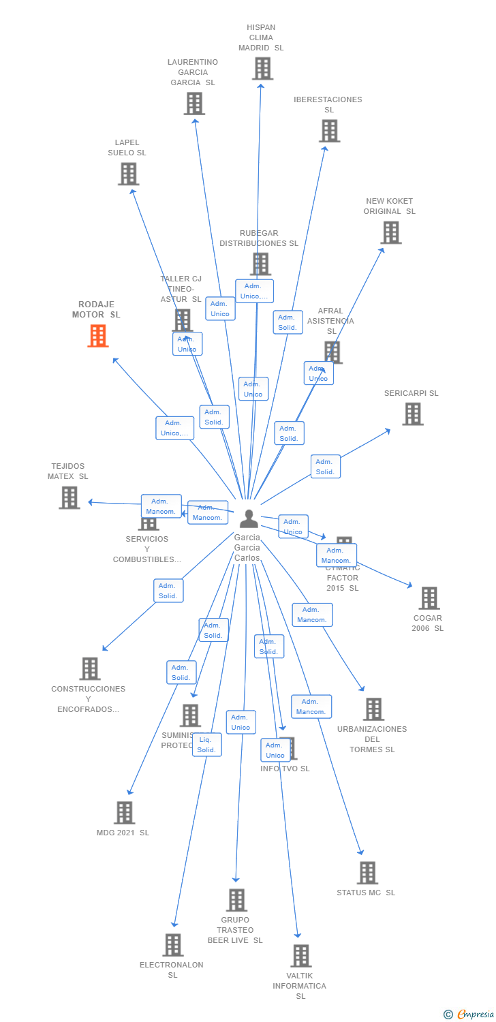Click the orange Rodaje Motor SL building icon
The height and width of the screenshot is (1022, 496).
coord(98,336)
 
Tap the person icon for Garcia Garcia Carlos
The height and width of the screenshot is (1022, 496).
coord(249,519)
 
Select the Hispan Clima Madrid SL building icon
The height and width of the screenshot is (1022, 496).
coord(262,69)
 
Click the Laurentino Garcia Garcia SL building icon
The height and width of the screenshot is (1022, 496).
coord(194,104)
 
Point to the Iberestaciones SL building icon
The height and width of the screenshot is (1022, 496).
coord(329,131)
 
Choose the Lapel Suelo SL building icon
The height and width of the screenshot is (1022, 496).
coord(128,174)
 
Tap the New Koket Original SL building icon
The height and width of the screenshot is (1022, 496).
coord(390,232)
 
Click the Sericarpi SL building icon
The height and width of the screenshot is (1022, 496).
coord(412,414)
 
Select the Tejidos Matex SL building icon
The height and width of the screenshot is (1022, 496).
coord(69,497)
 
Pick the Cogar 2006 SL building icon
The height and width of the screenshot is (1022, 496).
coord(429,598)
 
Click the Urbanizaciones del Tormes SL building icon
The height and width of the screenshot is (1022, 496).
coord(373,709)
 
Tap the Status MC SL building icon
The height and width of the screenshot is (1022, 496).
coord(367,873)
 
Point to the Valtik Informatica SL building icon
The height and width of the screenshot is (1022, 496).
coord(300,956)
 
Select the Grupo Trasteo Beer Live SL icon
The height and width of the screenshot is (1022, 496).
coord(236,900)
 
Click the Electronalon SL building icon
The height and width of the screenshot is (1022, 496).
coord(173,945)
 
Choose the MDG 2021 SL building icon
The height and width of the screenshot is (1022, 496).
coord(124,813)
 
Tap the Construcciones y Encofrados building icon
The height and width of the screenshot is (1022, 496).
coord(89,668)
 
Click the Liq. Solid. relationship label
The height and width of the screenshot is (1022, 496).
coord(206,745)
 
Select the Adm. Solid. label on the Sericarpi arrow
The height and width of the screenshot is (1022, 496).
coord(325,467)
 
